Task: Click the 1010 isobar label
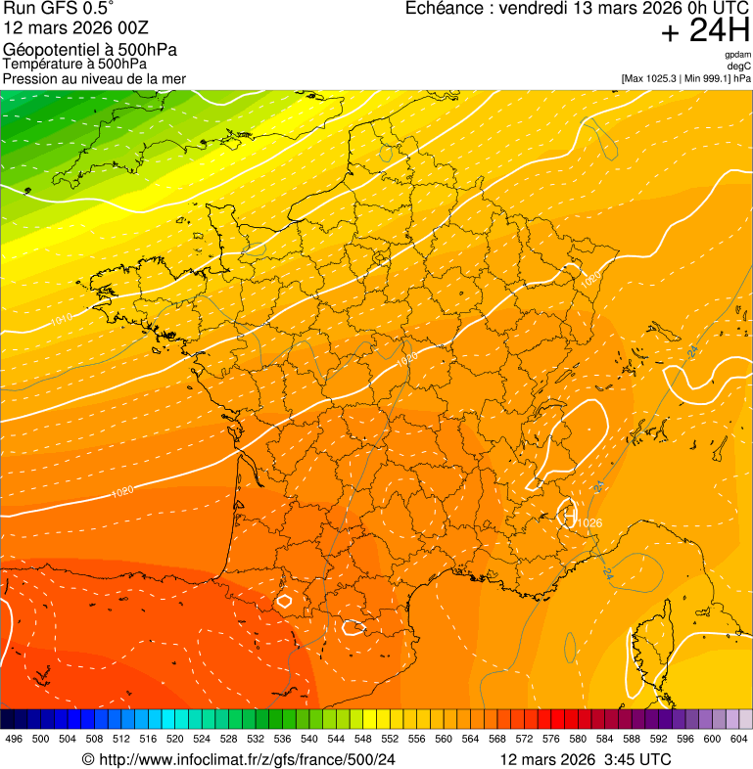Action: [62, 319]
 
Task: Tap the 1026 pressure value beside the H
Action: [588, 523]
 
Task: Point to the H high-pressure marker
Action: [567, 512]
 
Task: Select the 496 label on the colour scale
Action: [14, 738]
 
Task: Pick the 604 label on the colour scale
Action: [739, 738]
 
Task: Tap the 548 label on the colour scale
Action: [363, 738]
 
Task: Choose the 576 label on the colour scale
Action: [551, 738]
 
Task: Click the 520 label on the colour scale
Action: [175, 738]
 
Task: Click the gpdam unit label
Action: [737, 55]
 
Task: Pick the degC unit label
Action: [739, 67]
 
